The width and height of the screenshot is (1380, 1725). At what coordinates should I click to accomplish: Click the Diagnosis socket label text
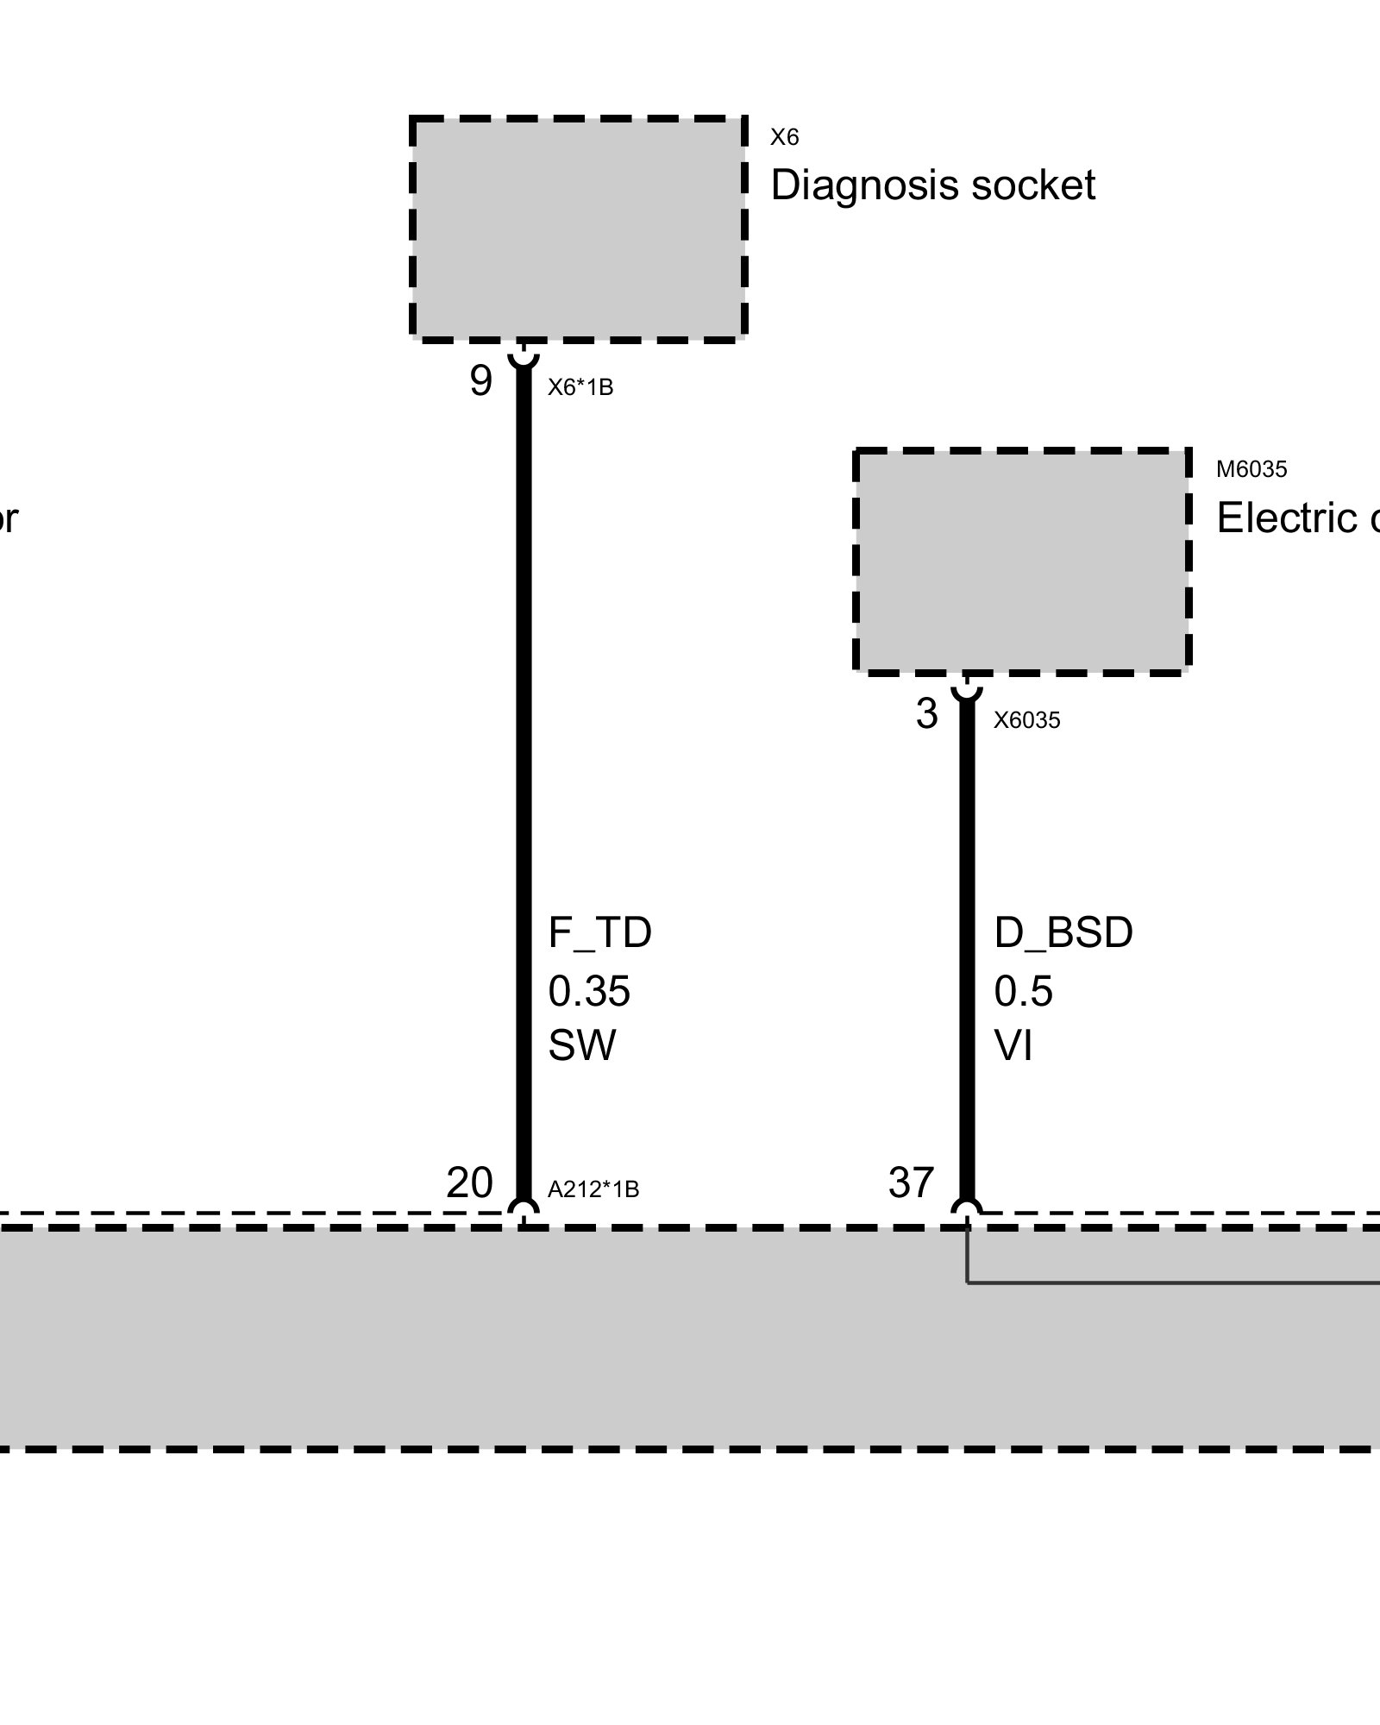pos(931,185)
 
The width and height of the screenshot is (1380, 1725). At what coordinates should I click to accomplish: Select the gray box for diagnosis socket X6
pos(578,229)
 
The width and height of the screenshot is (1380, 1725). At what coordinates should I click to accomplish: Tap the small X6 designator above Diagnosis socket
pos(784,137)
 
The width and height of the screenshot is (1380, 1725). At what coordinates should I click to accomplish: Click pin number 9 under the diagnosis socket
pos(480,380)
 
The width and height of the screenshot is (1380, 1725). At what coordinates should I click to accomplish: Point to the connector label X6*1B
pos(580,387)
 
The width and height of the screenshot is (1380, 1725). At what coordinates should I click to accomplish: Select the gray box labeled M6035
pos(1022,561)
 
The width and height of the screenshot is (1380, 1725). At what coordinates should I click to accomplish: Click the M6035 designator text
pos(1251,469)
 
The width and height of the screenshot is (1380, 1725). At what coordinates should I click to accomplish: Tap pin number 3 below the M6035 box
pos(926,714)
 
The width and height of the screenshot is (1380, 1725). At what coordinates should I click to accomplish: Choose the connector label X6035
pos(1026,720)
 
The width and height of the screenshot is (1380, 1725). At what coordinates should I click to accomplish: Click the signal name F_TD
pos(599,933)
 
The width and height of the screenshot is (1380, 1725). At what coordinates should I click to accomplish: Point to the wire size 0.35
pos(589,992)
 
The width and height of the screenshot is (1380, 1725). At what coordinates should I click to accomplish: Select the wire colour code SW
pos(582,1046)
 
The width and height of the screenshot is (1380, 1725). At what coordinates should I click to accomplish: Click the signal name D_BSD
pos(1063,933)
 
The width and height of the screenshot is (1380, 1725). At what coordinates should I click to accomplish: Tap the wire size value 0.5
pos(1023,992)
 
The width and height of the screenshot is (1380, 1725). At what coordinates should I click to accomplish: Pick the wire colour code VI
pos(1013,1046)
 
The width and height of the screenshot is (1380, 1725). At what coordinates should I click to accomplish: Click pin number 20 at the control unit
pos(469,1182)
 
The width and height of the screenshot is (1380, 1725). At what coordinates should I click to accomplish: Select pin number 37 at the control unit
pos(911,1182)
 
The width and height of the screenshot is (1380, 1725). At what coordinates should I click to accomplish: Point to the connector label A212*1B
pos(593,1189)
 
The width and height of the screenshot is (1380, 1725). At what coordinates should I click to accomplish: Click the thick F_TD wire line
pos(524,776)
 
